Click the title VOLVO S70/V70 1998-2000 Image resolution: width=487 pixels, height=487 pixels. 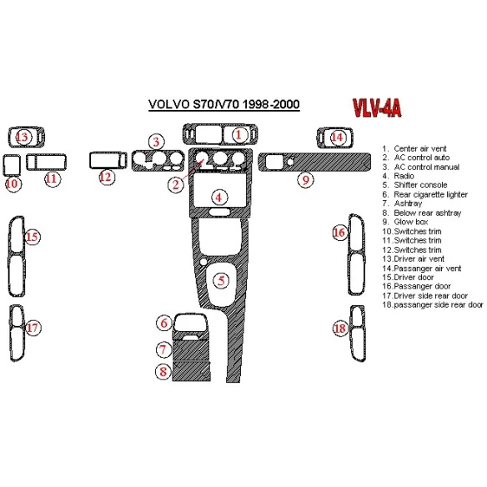(x=224, y=105)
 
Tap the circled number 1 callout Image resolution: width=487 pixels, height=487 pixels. (x=238, y=134)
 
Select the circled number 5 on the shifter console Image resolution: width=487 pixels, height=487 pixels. (x=221, y=280)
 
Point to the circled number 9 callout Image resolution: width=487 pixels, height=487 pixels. (x=306, y=179)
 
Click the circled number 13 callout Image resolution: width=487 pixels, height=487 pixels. (x=23, y=137)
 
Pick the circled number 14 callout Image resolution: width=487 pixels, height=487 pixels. (x=337, y=137)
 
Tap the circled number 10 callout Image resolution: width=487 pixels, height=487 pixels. (x=13, y=183)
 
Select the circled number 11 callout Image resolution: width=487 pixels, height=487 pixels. (x=52, y=178)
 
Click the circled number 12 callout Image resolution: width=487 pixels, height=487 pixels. (x=105, y=177)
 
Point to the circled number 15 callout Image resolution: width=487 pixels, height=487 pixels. (x=32, y=238)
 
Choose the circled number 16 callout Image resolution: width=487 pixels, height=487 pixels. (x=339, y=232)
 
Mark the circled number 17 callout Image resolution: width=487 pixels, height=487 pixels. (x=32, y=328)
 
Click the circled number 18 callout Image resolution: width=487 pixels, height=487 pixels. (x=339, y=329)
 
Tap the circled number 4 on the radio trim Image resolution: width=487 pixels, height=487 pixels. (x=218, y=198)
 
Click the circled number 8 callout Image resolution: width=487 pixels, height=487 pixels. (x=164, y=372)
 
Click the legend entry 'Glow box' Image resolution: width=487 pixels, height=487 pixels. (x=406, y=222)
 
